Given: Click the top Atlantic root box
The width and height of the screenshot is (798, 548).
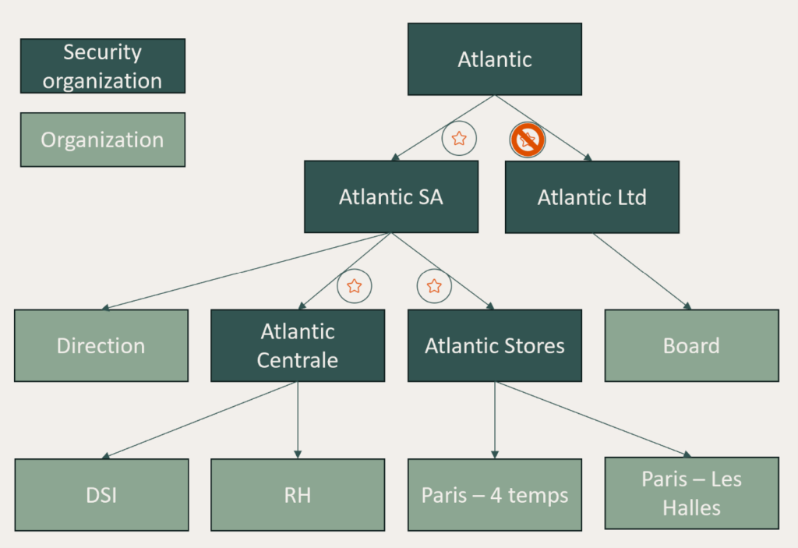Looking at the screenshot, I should [x=494, y=59].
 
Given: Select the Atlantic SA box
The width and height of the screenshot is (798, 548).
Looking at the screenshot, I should [x=390, y=196].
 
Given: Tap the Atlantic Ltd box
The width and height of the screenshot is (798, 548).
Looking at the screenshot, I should [x=591, y=196].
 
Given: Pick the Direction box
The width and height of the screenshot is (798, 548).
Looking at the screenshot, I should [x=101, y=345].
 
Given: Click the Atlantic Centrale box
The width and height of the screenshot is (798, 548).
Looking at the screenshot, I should [x=298, y=345].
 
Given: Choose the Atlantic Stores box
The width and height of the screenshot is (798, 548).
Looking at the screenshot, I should [x=494, y=345].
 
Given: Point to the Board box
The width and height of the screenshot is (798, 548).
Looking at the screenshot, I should [x=691, y=345].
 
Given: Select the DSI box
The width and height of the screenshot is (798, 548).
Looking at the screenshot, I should [x=101, y=494].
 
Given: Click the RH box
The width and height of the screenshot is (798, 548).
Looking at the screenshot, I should [x=298, y=494].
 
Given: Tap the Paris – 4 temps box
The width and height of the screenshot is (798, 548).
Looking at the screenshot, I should [x=494, y=494].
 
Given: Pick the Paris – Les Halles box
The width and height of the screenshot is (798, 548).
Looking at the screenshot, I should [x=691, y=493].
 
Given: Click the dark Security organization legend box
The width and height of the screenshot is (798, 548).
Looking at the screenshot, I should [x=102, y=66].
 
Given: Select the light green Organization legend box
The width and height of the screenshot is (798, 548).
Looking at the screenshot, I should [x=102, y=140].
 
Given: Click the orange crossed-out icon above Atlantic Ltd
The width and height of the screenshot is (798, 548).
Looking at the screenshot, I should [x=528, y=140].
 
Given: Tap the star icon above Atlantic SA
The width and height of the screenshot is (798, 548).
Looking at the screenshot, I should [x=459, y=139].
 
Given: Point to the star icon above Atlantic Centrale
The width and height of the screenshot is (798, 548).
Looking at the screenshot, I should [x=354, y=286].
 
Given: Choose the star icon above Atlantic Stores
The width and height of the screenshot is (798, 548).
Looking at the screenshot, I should [x=434, y=286].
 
